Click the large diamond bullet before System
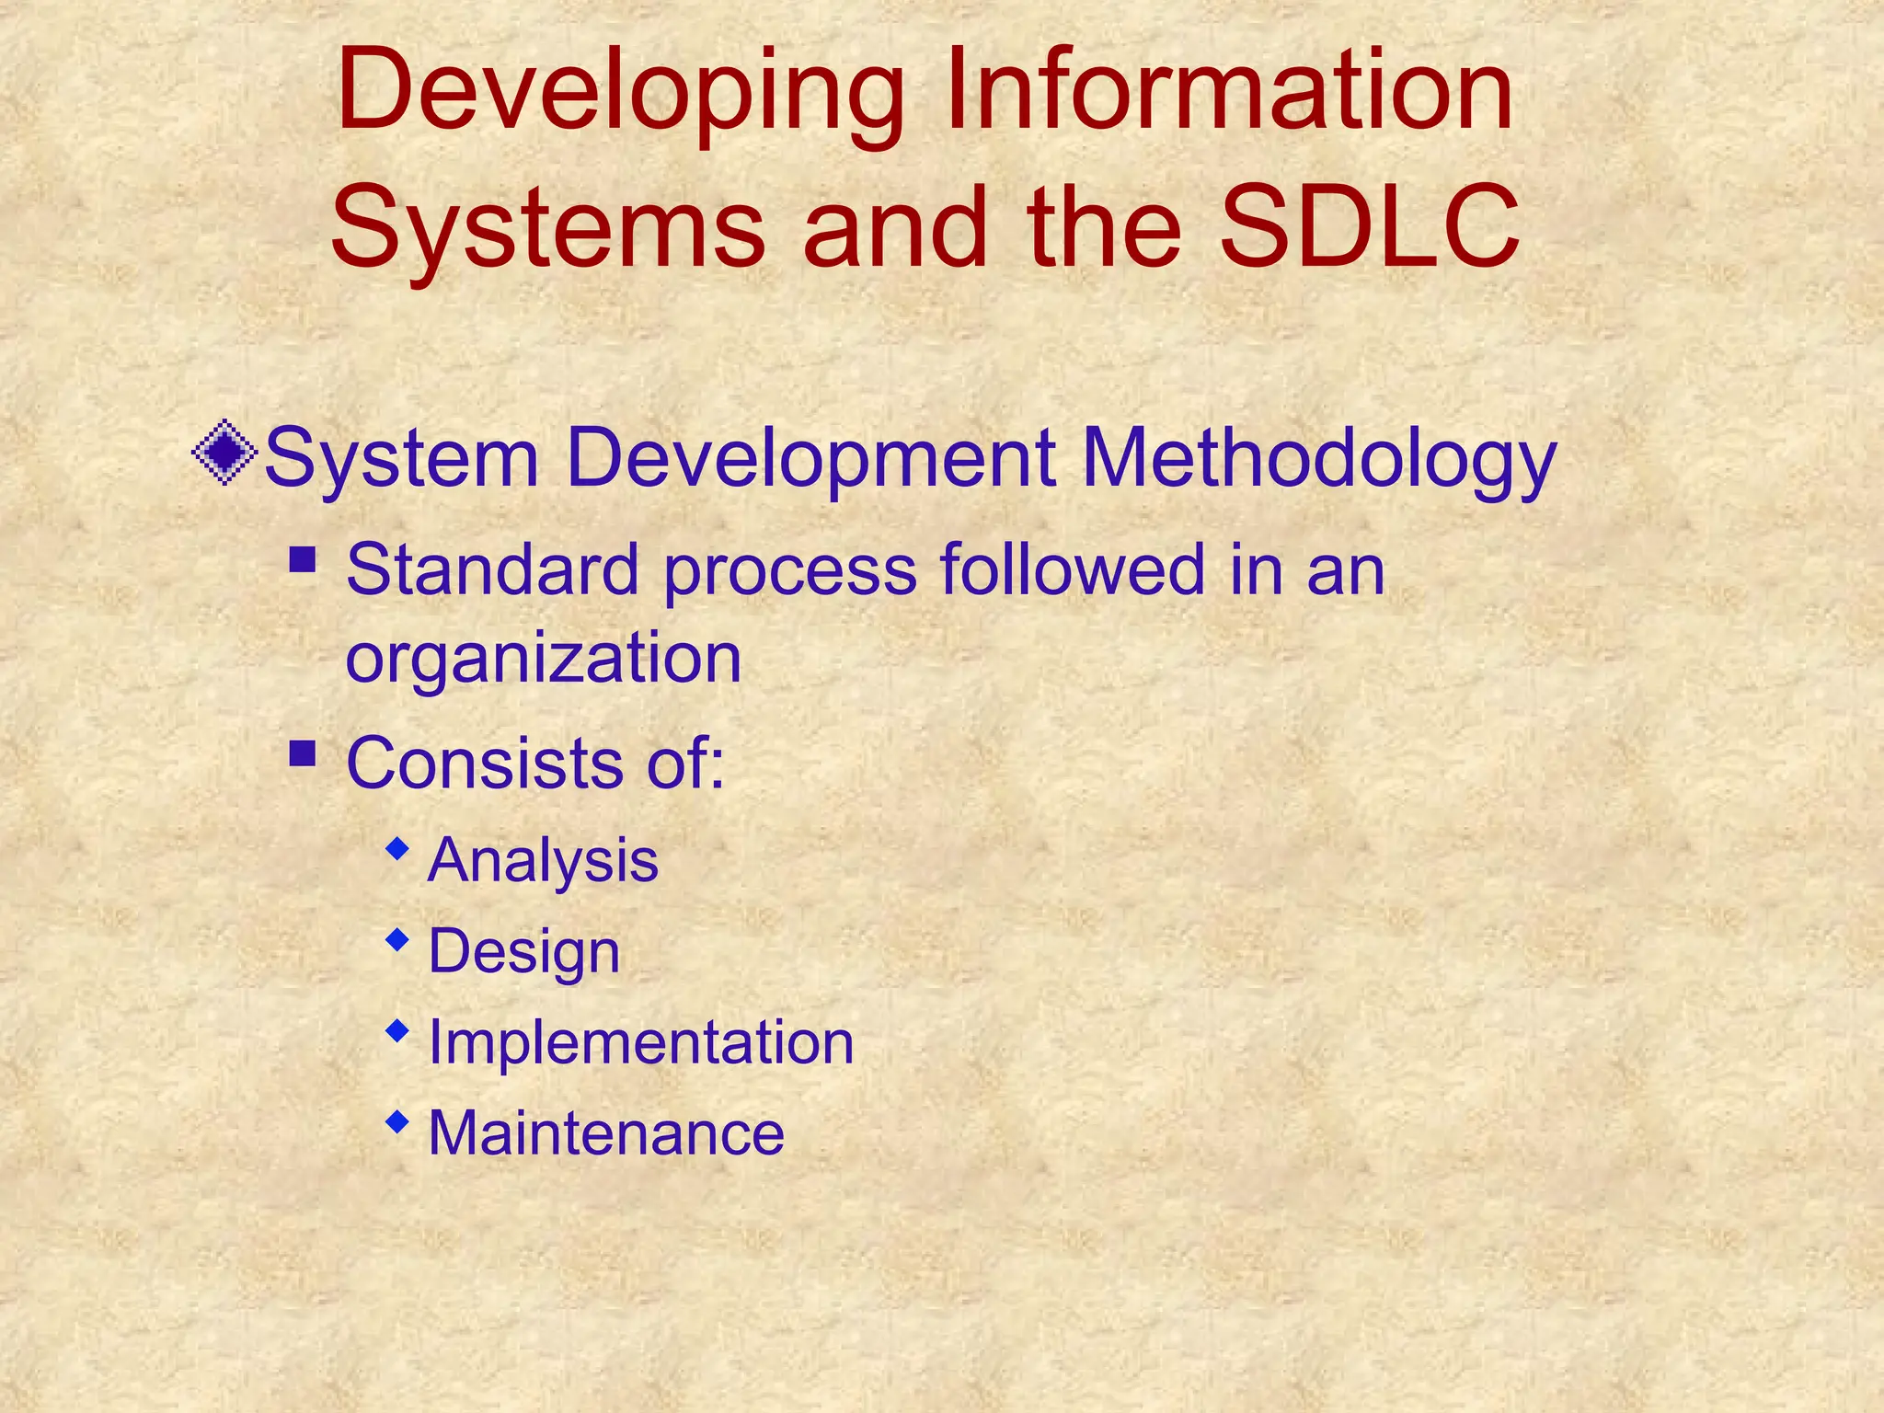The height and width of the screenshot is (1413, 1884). click(x=224, y=453)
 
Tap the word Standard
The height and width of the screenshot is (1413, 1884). click(x=492, y=569)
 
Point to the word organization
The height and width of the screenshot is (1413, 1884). click(x=543, y=659)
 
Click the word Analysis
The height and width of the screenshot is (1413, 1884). click(x=543, y=861)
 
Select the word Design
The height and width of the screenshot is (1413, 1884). click(x=524, y=952)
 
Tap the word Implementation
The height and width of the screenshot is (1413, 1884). click(x=641, y=1042)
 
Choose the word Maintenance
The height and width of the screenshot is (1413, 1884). click(x=606, y=1132)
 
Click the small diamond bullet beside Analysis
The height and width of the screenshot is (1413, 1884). click(x=397, y=848)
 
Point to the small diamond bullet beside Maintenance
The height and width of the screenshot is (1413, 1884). click(x=397, y=1120)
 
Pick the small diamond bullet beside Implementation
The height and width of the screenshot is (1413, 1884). click(x=397, y=1030)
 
